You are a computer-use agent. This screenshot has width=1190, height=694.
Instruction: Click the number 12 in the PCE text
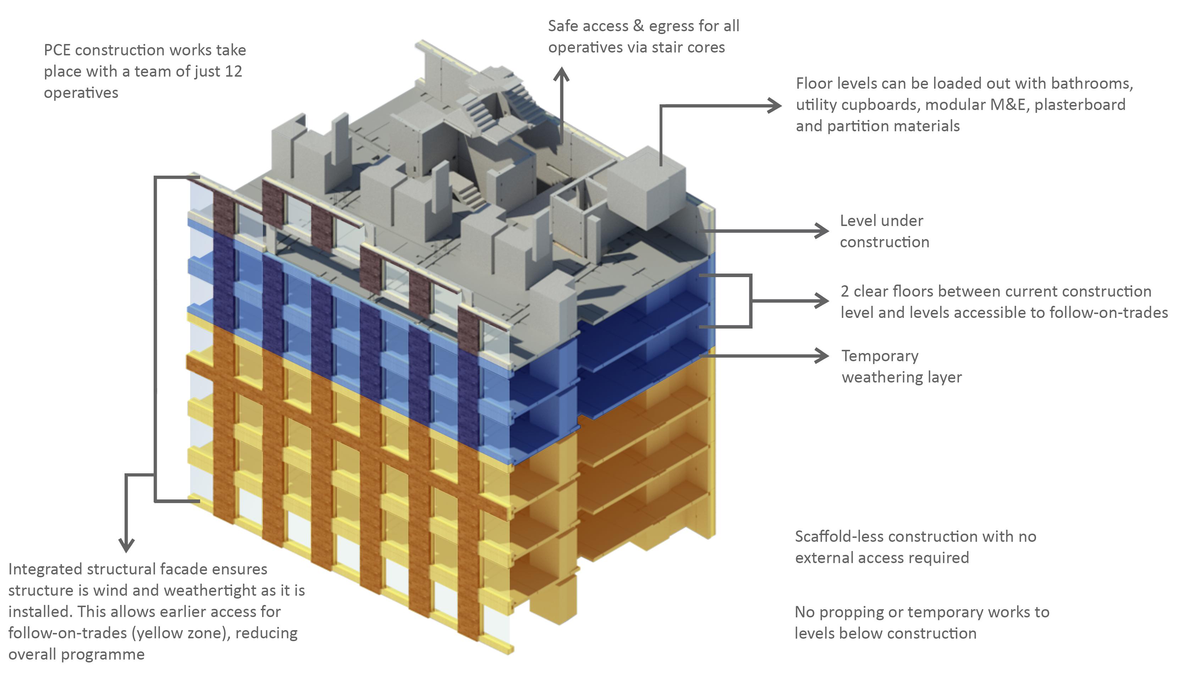click(233, 71)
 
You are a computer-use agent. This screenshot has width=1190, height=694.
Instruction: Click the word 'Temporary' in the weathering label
click(880, 356)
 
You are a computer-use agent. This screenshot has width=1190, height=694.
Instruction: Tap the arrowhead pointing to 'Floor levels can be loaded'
click(775, 106)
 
